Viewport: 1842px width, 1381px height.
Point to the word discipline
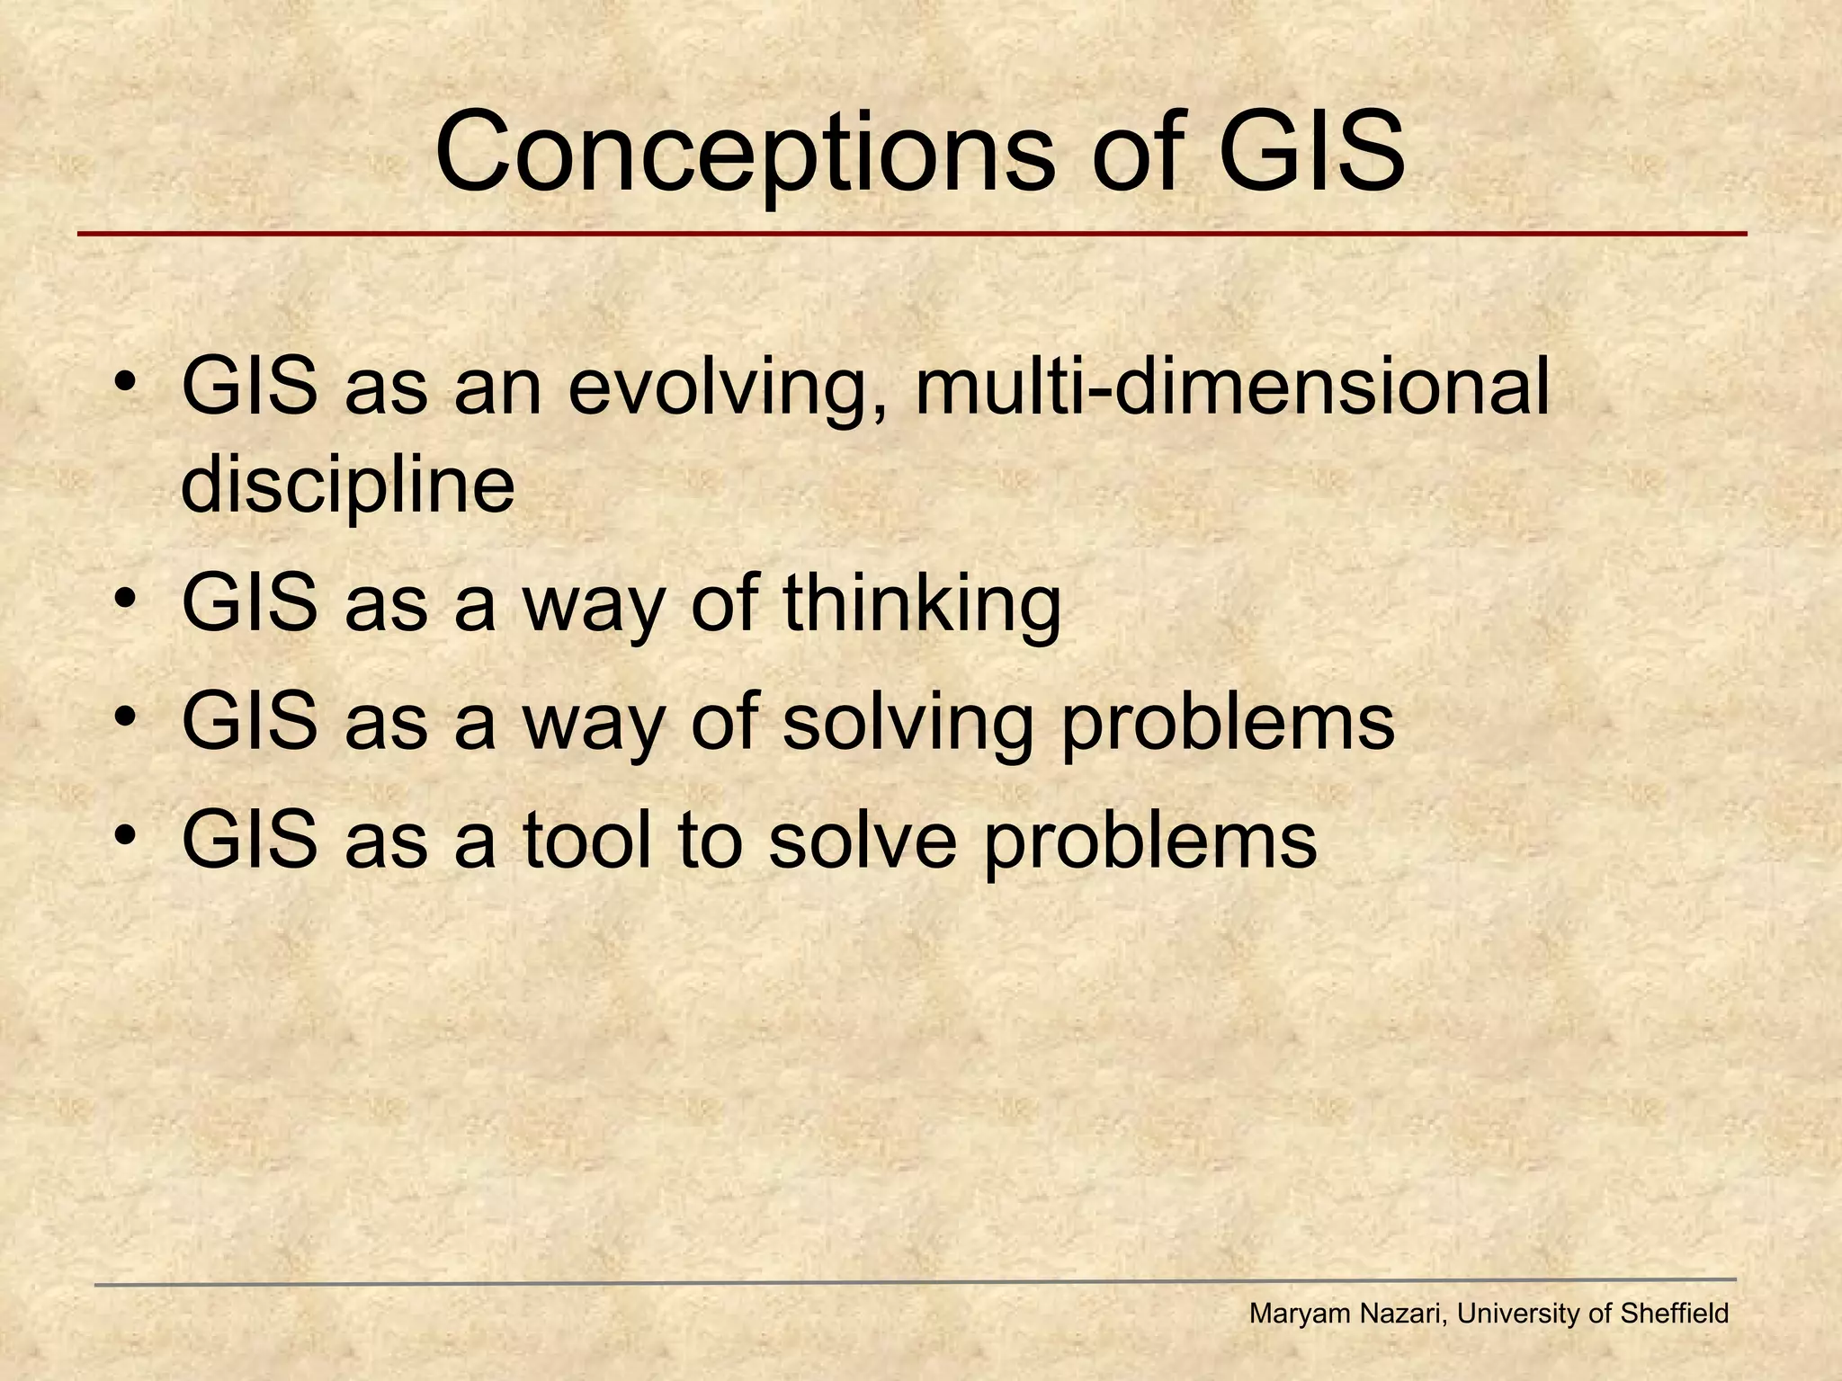click(x=348, y=486)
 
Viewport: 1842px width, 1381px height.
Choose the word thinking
click(x=922, y=603)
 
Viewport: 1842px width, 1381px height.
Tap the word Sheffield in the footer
click(x=1674, y=1314)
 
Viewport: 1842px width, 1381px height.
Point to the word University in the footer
click(x=1521, y=1314)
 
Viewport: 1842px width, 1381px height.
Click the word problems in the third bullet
click(x=1228, y=724)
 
